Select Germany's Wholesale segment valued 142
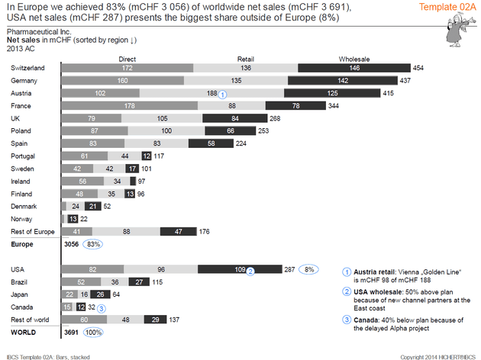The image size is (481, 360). click(318, 80)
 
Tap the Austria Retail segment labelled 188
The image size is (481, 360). click(192, 93)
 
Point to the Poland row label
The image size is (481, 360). click(21, 130)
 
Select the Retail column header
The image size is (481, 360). click(246, 58)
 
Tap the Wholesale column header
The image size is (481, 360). click(355, 58)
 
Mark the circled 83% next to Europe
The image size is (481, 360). click(93, 244)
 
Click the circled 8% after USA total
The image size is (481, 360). click(309, 269)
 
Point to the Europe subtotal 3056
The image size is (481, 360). click(72, 244)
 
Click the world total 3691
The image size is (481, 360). click(72, 333)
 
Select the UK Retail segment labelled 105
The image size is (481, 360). click(162, 118)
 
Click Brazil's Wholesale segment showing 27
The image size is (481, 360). click(138, 282)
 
